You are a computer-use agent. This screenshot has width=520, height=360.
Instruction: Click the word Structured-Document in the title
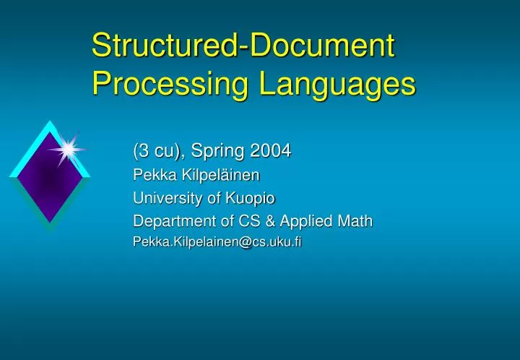click(x=243, y=46)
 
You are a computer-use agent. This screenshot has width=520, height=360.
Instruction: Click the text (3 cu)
click(x=157, y=152)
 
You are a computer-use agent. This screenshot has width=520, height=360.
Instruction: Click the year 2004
click(x=269, y=151)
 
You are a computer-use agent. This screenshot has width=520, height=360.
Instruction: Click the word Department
click(x=168, y=220)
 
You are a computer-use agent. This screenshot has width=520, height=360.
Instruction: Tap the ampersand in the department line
click(x=259, y=220)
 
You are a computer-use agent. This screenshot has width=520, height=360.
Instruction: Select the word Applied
click(x=299, y=220)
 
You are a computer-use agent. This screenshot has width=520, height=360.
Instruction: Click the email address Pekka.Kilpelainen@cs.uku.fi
click(x=217, y=243)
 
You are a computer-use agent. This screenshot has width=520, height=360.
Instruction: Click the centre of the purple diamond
click(x=49, y=176)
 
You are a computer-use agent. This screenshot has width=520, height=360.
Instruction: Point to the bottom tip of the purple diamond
click(x=49, y=223)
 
